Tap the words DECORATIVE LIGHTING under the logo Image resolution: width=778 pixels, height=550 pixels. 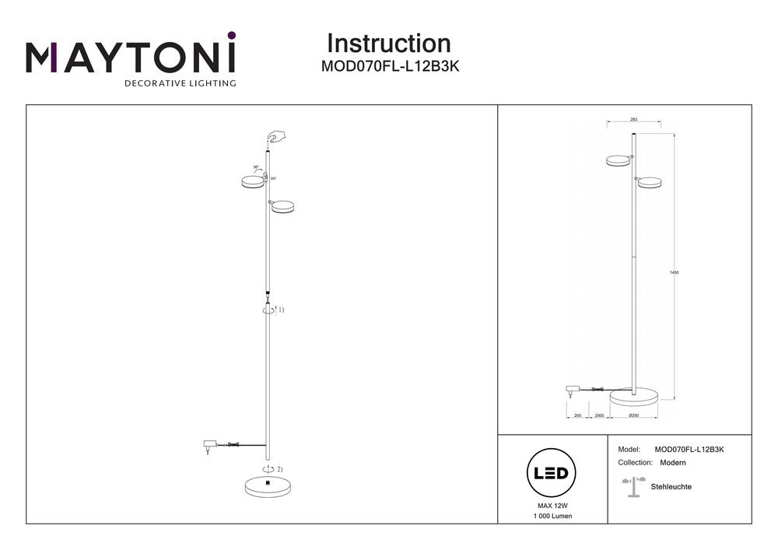click(180, 82)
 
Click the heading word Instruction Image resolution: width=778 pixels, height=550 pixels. click(388, 44)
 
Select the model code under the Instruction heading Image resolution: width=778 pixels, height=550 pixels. click(391, 67)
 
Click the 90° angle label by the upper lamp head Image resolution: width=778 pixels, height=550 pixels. click(256, 167)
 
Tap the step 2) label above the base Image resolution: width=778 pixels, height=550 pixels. click(279, 469)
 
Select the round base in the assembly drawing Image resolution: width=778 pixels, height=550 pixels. click(268, 486)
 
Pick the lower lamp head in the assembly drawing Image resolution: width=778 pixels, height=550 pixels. click(283, 206)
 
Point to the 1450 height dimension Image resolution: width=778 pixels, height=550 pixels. click(674, 272)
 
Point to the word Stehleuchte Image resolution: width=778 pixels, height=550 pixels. click(671, 487)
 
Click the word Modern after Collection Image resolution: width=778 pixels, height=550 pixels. click(672, 462)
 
